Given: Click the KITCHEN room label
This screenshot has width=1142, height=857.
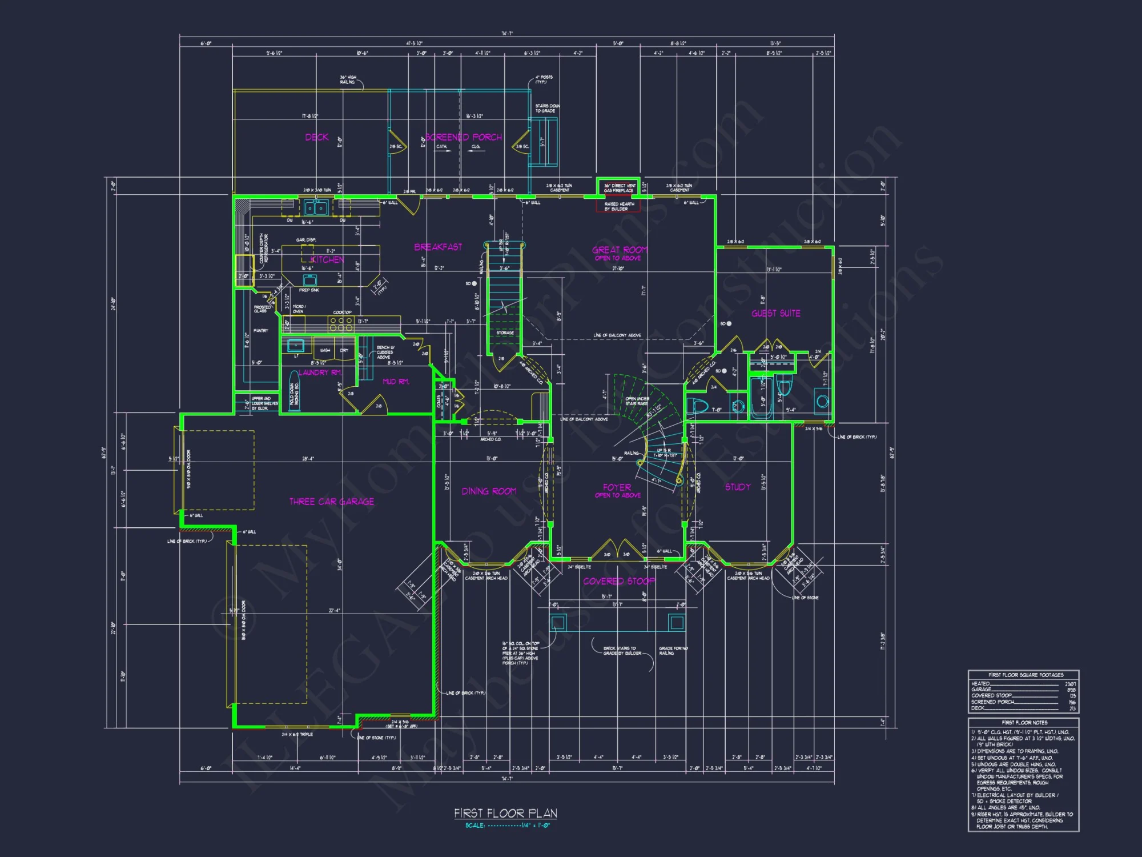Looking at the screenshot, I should pos(327,259).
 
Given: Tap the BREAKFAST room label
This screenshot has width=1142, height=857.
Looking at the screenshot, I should pos(438,247).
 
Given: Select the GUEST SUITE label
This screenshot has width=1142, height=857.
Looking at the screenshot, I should pos(775,313).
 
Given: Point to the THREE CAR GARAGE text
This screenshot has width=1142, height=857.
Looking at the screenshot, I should pos(332,502).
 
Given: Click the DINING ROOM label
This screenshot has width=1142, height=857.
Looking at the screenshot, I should pos(489,491).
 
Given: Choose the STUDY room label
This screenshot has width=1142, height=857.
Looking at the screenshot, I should pos(738,487).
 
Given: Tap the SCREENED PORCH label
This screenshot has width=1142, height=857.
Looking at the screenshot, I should pos(464,137).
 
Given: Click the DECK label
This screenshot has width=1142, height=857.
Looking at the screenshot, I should pos(317,137).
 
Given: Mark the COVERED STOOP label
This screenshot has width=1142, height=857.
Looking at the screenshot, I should pos(619,581).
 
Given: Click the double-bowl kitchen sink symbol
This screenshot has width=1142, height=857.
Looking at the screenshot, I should pos(315,207).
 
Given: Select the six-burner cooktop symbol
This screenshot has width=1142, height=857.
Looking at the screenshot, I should pos(341,324).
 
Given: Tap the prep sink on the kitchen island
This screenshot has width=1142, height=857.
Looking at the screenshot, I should pos(310,280).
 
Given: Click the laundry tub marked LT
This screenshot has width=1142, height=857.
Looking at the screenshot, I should pos(296,345).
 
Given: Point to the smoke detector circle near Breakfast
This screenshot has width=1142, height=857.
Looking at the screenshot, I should pos(474,283).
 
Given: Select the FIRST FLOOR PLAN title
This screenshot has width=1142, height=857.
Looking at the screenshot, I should pos(505,813).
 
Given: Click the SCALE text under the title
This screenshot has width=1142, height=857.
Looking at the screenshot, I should pos(475,826).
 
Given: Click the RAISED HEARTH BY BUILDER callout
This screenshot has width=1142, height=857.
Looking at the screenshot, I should pos(619,206).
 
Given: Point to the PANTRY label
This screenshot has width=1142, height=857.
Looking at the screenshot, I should pos(260,331).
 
